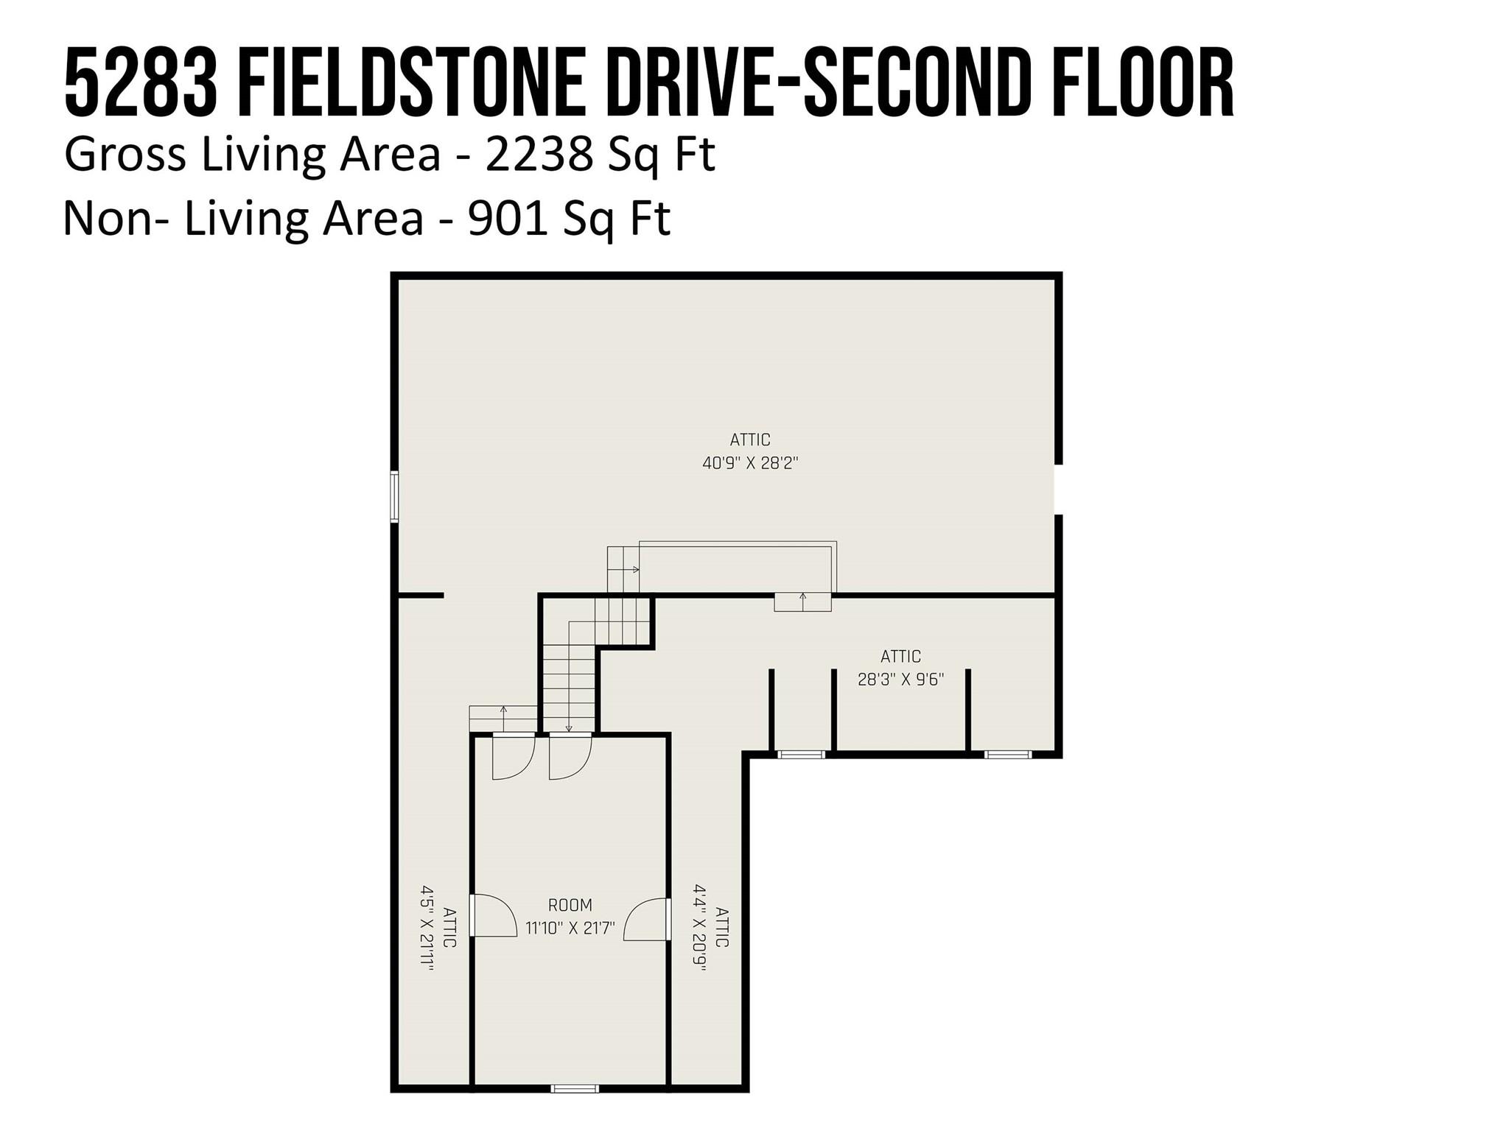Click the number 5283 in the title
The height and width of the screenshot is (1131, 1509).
coord(141,82)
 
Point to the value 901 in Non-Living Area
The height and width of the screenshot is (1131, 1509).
coord(508,219)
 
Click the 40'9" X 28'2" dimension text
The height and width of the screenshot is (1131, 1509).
coord(750,463)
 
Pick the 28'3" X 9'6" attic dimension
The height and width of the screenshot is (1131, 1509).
coord(900,679)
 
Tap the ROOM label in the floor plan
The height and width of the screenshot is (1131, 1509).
coord(570,905)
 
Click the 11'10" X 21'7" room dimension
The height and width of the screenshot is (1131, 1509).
coord(570,928)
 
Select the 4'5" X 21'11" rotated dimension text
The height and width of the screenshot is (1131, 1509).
coord(427,928)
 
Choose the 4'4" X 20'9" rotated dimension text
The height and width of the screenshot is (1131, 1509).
coord(700,928)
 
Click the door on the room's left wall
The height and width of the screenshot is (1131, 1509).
coord(492,915)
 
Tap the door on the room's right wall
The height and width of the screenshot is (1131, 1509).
coord(647,919)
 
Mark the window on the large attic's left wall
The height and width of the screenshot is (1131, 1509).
coord(394,497)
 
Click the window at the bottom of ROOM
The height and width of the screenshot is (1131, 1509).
coord(575,1088)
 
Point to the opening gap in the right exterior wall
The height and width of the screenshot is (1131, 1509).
coord(1059,490)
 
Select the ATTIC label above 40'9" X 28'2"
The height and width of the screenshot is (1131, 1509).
coord(750,440)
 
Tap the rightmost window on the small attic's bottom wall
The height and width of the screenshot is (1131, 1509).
coord(1009,754)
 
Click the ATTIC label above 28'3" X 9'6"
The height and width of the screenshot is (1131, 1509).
coord(900,656)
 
